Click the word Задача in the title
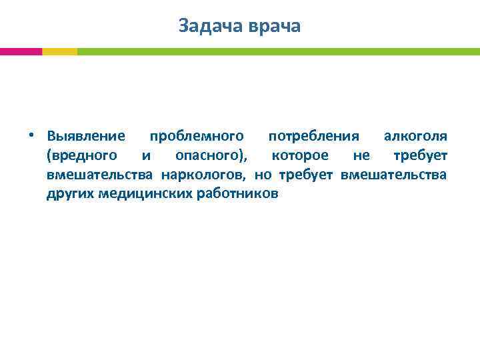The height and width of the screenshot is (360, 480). pos(211,26)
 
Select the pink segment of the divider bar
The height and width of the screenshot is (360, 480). pos(21,51)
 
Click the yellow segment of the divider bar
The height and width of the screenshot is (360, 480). pos(59,51)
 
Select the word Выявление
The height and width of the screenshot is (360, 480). pos(86,137)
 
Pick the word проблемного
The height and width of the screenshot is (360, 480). pos(196,137)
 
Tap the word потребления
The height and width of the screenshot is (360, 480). pos(313,137)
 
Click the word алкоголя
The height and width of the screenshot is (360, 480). pos(415,137)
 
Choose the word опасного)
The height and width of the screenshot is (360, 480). pos(211,156)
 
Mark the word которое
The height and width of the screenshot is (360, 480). pos(300,156)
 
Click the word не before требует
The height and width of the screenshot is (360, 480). pos(361,156)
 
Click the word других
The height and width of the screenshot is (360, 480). pos(71,195)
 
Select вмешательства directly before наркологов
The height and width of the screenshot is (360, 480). pos(101,175)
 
